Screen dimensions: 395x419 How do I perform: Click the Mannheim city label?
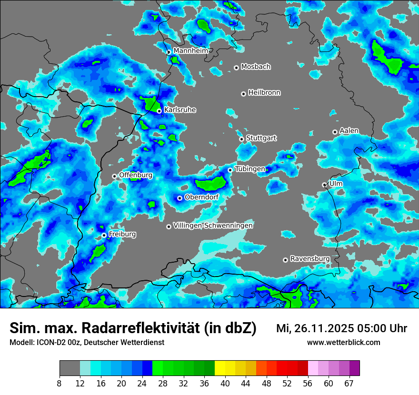click(190, 50)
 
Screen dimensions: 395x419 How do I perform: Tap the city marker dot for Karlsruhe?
click(160, 111)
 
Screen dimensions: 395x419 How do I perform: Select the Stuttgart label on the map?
click(261, 138)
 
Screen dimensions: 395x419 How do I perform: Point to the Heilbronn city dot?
click(243, 94)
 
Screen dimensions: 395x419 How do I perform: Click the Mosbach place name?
click(256, 67)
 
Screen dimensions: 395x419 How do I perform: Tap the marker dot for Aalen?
click(335, 132)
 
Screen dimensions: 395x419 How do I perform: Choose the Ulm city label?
click(336, 184)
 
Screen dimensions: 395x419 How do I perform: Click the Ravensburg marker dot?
click(285, 260)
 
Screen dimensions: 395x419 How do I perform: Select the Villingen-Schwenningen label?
click(213, 226)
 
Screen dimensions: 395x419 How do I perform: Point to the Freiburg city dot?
click(104, 235)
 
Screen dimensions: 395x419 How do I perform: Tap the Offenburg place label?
click(136, 175)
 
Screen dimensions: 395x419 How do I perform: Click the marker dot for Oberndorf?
click(180, 198)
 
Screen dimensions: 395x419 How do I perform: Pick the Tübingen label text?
click(250, 169)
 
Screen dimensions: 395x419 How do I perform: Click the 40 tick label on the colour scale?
click(225, 383)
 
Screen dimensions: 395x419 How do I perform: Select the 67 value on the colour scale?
click(349, 383)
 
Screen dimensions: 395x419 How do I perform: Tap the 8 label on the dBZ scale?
click(60, 383)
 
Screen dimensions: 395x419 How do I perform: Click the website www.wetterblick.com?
click(344, 342)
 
